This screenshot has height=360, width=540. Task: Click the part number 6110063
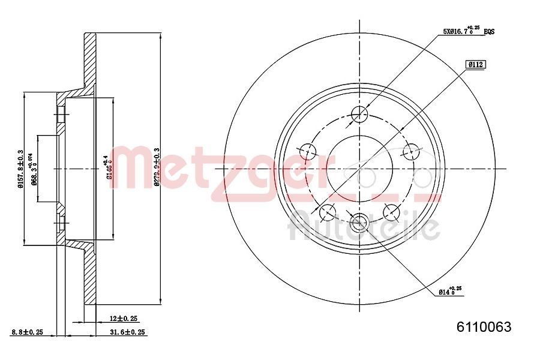[x=484, y=327]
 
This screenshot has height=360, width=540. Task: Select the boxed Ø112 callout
[x=476, y=64]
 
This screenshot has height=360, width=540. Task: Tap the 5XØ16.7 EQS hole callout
[x=469, y=31]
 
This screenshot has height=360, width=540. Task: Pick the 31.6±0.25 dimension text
[x=127, y=332]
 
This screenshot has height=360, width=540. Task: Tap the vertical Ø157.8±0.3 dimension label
[x=20, y=169]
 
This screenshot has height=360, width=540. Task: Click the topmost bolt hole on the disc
[x=359, y=113]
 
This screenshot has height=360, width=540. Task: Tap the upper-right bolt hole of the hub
[x=411, y=150]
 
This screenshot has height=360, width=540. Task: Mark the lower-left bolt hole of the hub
[x=328, y=211]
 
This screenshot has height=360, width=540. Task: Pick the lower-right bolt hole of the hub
[x=391, y=211]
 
